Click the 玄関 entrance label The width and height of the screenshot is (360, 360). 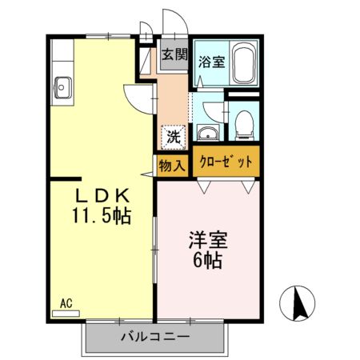174,55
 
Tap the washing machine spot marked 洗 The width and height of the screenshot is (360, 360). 172,137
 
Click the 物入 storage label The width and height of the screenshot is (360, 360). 172,166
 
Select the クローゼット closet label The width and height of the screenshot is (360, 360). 225,162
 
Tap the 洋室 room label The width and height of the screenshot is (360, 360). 206,239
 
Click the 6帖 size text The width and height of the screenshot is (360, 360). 206,259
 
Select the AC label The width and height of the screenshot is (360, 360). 66,303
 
